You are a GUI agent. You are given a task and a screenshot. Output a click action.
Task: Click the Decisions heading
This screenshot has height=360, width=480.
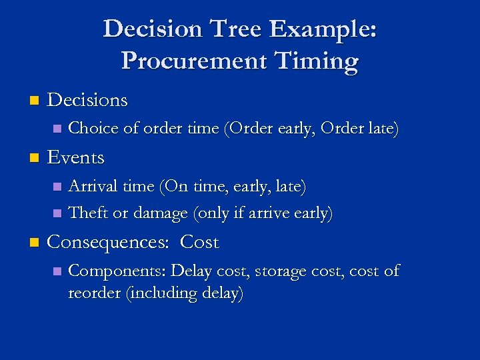click(87, 100)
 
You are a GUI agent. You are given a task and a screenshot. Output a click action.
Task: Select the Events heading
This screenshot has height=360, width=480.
click(76, 157)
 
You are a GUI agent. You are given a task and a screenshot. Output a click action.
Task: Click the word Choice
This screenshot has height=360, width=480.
click(91, 127)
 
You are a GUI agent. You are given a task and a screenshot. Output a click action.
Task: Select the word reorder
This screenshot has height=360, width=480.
click(94, 293)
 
